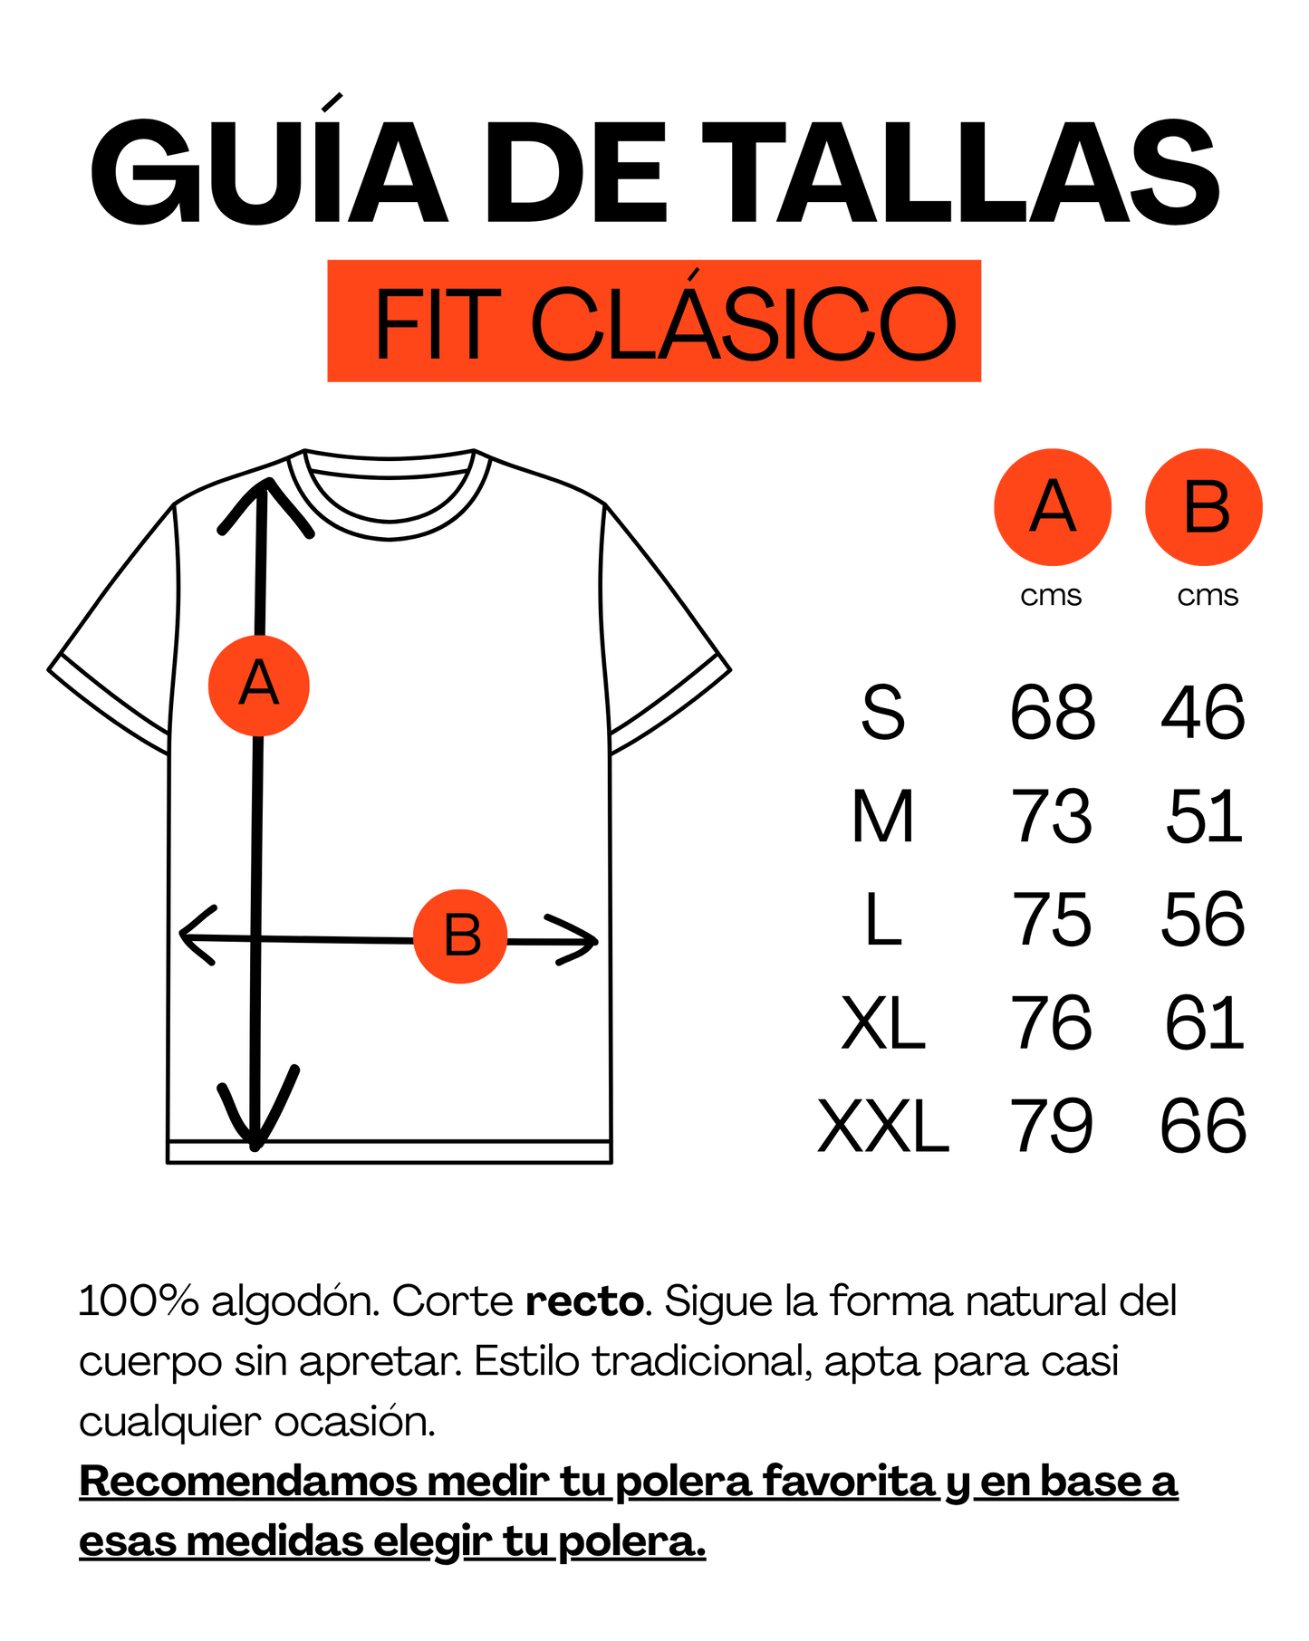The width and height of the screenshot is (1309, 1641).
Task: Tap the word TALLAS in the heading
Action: [961, 172]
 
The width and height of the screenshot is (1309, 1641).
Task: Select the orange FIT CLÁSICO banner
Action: [654, 321]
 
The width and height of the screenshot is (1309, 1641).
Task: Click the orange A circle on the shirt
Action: [259, 686]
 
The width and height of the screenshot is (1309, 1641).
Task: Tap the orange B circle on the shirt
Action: [460, 936]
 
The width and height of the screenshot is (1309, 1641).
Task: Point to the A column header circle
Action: [1053, 507]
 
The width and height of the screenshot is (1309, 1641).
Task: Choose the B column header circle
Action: [1204, 507]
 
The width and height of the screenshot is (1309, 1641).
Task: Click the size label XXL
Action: [883, 1126]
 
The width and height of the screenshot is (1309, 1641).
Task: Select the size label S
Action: [883, 712]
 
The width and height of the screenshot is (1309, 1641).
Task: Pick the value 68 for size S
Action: [1053, 712]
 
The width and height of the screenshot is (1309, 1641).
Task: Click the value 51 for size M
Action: [1204, 816]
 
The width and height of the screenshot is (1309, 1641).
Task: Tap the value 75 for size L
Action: [1053, 919]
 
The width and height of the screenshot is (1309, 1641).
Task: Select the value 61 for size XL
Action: [1204, 1022]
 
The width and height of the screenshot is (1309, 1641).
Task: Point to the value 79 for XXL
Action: [1053, 1126]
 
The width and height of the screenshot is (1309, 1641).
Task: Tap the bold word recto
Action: [584, 1301]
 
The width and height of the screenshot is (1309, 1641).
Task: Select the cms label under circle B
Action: [1208, 596]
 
